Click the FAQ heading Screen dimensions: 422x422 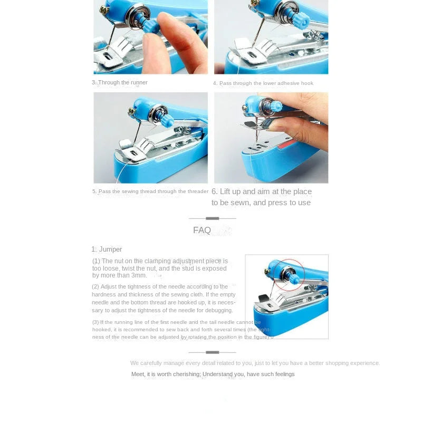click(202, 230)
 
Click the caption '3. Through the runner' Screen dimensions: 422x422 click(120, 83)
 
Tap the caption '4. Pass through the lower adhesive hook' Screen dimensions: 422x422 click(263, 83)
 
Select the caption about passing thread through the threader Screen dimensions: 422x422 click(150, 191)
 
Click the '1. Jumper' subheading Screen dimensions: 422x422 click(107, 249)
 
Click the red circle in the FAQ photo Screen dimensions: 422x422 click(289, 274)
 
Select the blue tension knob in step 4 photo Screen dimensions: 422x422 click(301, 20)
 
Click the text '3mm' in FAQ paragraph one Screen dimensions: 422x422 click(139, 275)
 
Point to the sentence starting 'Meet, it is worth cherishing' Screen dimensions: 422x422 click(213, 374)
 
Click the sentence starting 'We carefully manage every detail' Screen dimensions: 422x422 click(255, 363)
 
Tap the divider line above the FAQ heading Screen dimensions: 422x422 click(212, 218)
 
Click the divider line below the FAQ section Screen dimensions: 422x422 click(212, 352)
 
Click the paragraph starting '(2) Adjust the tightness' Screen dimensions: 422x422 click(164, 298)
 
